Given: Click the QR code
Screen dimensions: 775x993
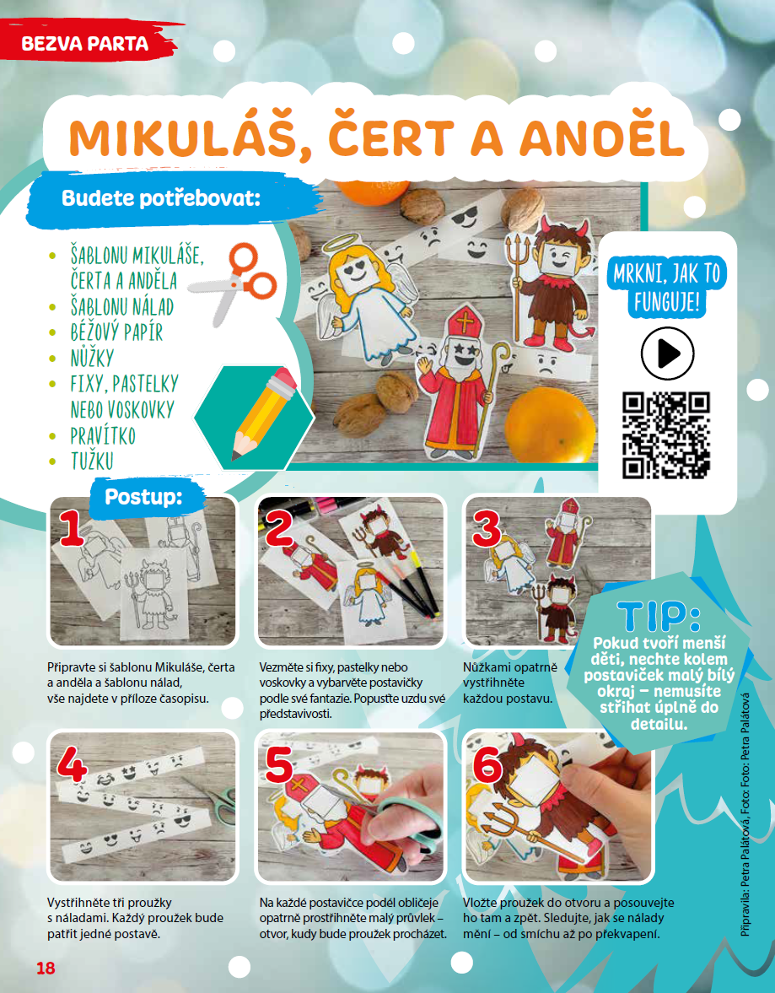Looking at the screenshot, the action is coord(666,435).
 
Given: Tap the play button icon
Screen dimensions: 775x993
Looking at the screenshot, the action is coord(667,353).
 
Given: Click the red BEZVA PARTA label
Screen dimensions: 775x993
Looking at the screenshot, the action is coord(85,43).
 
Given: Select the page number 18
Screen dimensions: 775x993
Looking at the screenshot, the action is coord(46,968).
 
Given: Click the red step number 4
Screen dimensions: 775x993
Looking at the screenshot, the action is coord(73,768).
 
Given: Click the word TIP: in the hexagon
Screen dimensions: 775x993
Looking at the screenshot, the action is coord(659,616).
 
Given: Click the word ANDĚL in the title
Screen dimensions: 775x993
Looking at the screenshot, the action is coord(603,138).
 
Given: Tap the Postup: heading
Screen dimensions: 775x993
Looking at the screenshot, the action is coord(143,496).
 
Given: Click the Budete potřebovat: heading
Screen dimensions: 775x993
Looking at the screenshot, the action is coord(161,198).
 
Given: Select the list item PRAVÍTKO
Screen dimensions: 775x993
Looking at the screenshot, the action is coord(103,435).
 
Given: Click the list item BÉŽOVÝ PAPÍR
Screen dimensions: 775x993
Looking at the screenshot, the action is coord(116,332).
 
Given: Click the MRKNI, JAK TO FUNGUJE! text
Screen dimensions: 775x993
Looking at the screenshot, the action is coord(667,289).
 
